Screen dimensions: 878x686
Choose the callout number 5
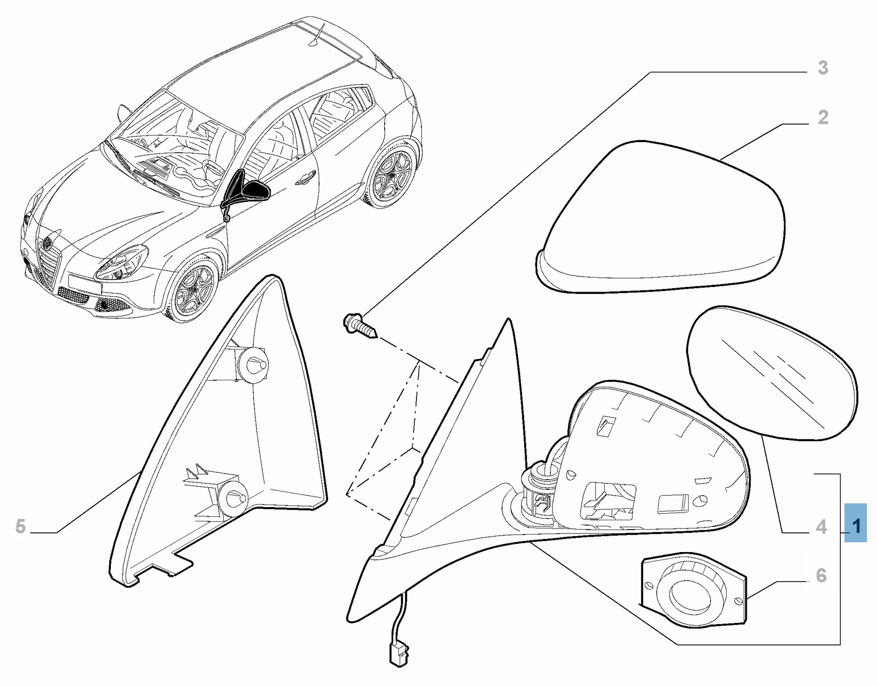[x=21, y=527]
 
